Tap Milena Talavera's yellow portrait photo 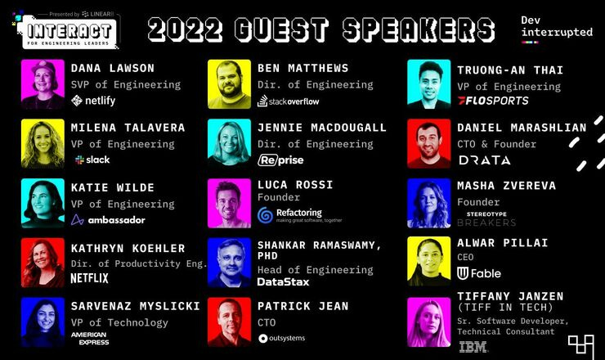(x=43, y=143)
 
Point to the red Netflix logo (x=89, y=278)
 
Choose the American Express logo (x=90, y=336)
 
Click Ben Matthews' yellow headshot (x=229, y=83)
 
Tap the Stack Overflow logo (x=289, y=101)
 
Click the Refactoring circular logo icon (x=265, y=215)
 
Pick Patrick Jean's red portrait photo (x=229, y=321)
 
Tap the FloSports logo (x=492, y=101)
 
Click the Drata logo (x=484, y=160)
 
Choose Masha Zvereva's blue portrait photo (x=428, y=204)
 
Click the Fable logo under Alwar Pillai (x=479, y=272)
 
